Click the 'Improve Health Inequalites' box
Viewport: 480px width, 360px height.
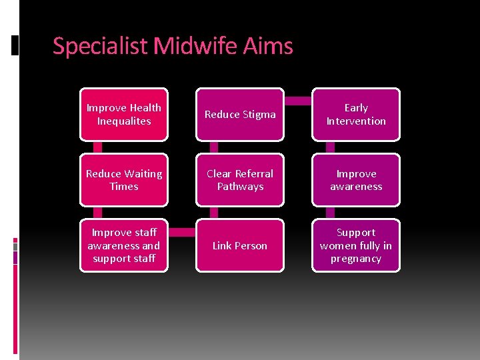pyautogui.click(x=124, y=114)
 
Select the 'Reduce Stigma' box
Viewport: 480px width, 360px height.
pyautogui.click(x=240, y=114)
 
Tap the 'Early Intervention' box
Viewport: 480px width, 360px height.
pyautogui.click(x=356, y=114)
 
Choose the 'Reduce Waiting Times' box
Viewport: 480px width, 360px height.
pyautogui.click(x=124, y=180)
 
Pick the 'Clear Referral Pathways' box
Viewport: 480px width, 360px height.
pyautogui.click(x=240, y=180)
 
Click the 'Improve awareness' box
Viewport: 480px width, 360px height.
pyautogui.click(x=356, y=180)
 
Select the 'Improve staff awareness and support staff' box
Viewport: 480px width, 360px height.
pyautogui.click(x=124, y=245)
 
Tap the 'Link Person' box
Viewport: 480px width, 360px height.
pyautogui.click(x=240, y=245)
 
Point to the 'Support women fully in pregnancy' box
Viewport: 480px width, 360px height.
pyautogui.click(x=356, y=245)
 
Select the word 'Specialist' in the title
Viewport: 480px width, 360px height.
pyautogui.click(x=101, y=47)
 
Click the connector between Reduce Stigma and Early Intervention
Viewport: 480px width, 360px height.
pyautogui.click(x=298, y=101)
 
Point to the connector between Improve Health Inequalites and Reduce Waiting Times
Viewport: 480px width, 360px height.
pyautogui.click(x=98, y=147)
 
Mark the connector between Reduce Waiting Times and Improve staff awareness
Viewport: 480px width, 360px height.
pyautogui.click(x=98, y=213)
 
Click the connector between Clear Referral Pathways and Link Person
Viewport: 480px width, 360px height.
pyautogui.click(x=214, y=213)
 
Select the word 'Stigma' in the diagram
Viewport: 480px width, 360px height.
pyautogui.click(x=259, y=115)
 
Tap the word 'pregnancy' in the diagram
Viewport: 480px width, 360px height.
pyautogui.click(x=356, y=259)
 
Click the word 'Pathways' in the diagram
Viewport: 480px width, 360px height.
pyautogui.click(x=240, y=187)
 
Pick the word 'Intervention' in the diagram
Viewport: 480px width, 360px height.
pyautogui.click(x=356, y=121)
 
